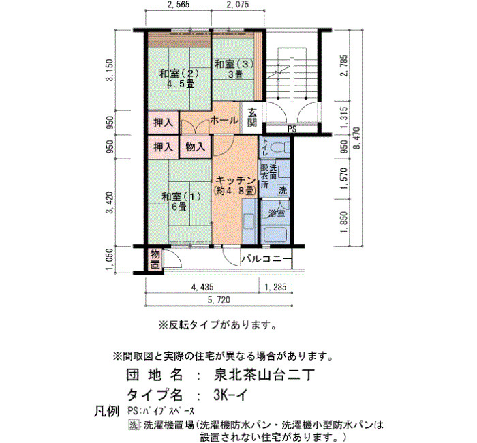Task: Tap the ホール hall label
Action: pos(224,121)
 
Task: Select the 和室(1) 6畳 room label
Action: pos(181,201)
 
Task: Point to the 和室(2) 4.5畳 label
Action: pos(179,78)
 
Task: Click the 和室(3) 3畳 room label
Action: pos(234,69)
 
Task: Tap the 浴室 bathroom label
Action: pos(276,213)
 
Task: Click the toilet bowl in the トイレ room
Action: pos(278,148)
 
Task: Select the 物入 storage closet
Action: pos(195,147)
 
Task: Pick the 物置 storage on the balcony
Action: pos(155,259)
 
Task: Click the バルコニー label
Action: pos(266,259)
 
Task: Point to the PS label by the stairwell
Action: pos(292,129)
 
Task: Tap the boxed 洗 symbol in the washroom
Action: pos(283,191)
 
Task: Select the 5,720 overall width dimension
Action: pos(219,300)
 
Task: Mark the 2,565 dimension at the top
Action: pos(179,4)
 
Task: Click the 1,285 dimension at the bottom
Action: pos(275,287)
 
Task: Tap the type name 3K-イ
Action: pos(230,395)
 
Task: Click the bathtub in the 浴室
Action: pos(276,234)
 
